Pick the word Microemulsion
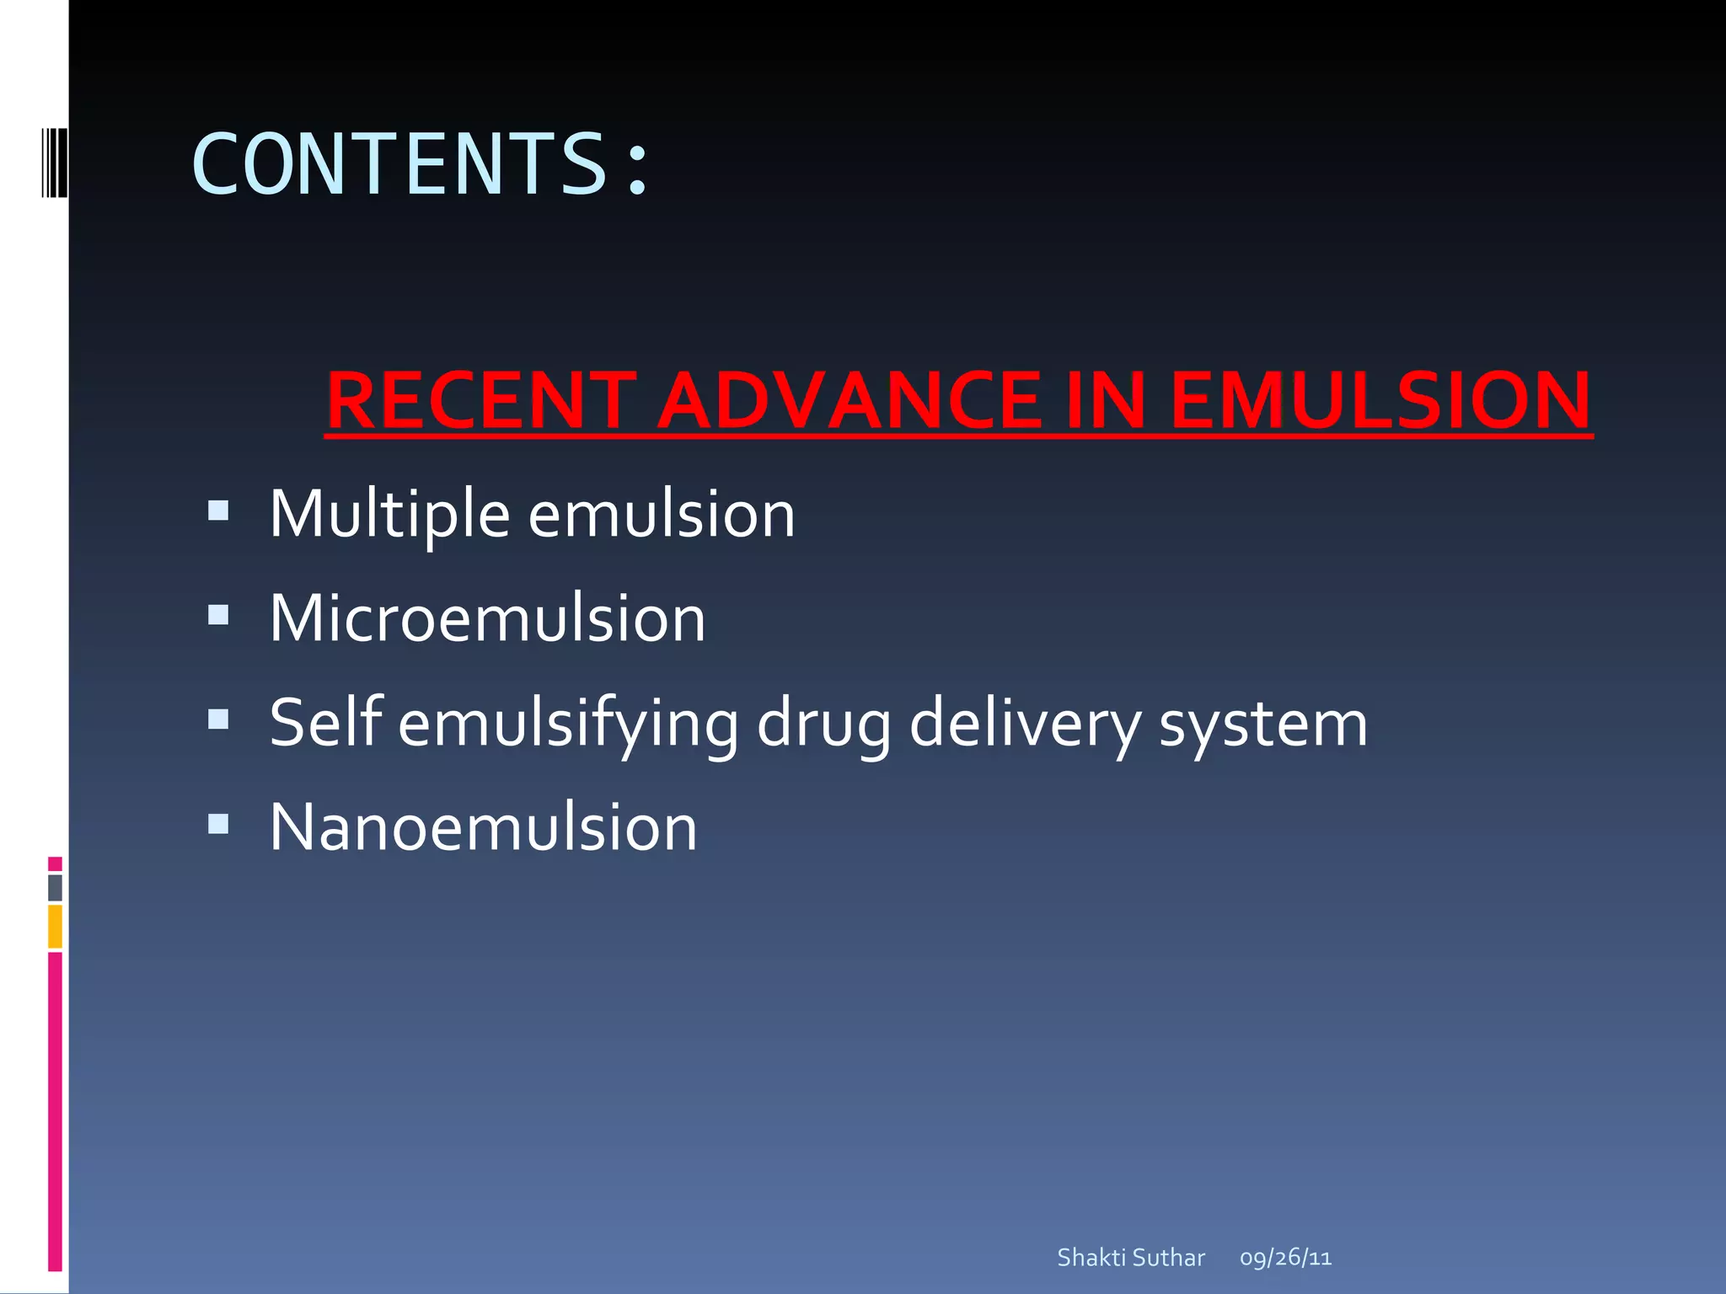click(x=487, y=618)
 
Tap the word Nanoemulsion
click(x=483, y=827)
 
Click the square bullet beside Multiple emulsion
click(x=218, y=511)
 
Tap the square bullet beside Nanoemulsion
click(x=218, y=823)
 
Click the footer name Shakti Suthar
click(x=1131, y=1258)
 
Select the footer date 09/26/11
click(x=1285, y=1258)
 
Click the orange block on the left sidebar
click(x=55, y=926)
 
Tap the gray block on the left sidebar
click(x=55, y=887)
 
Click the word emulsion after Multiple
click(x=662, y=514)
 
